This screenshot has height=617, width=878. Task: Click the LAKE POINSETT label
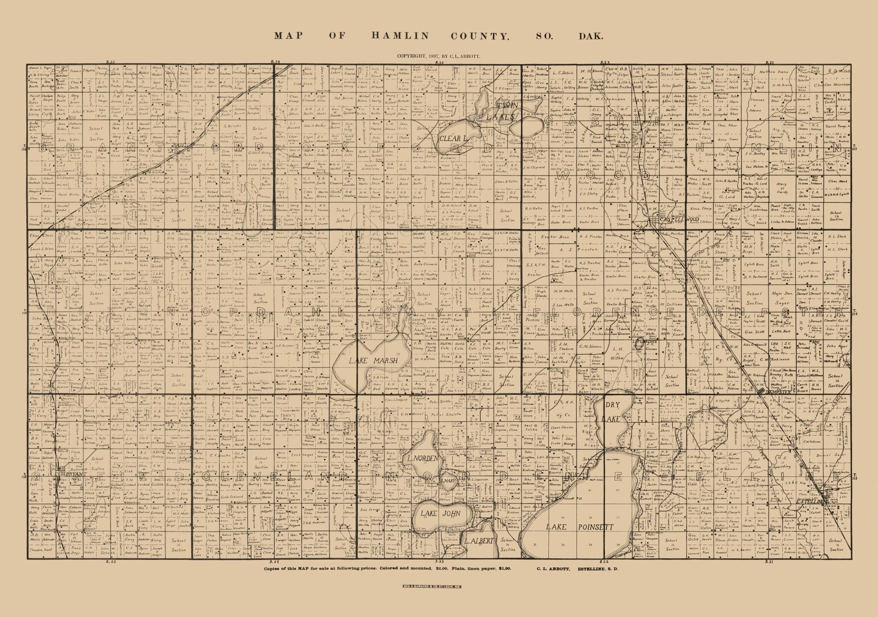pyautogui.click(x=579, y=527)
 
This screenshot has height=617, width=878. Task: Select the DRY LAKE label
pyautogui.click(x=612, y=412)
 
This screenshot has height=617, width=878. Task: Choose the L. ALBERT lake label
pyautogui.click(x=479, y=540)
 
